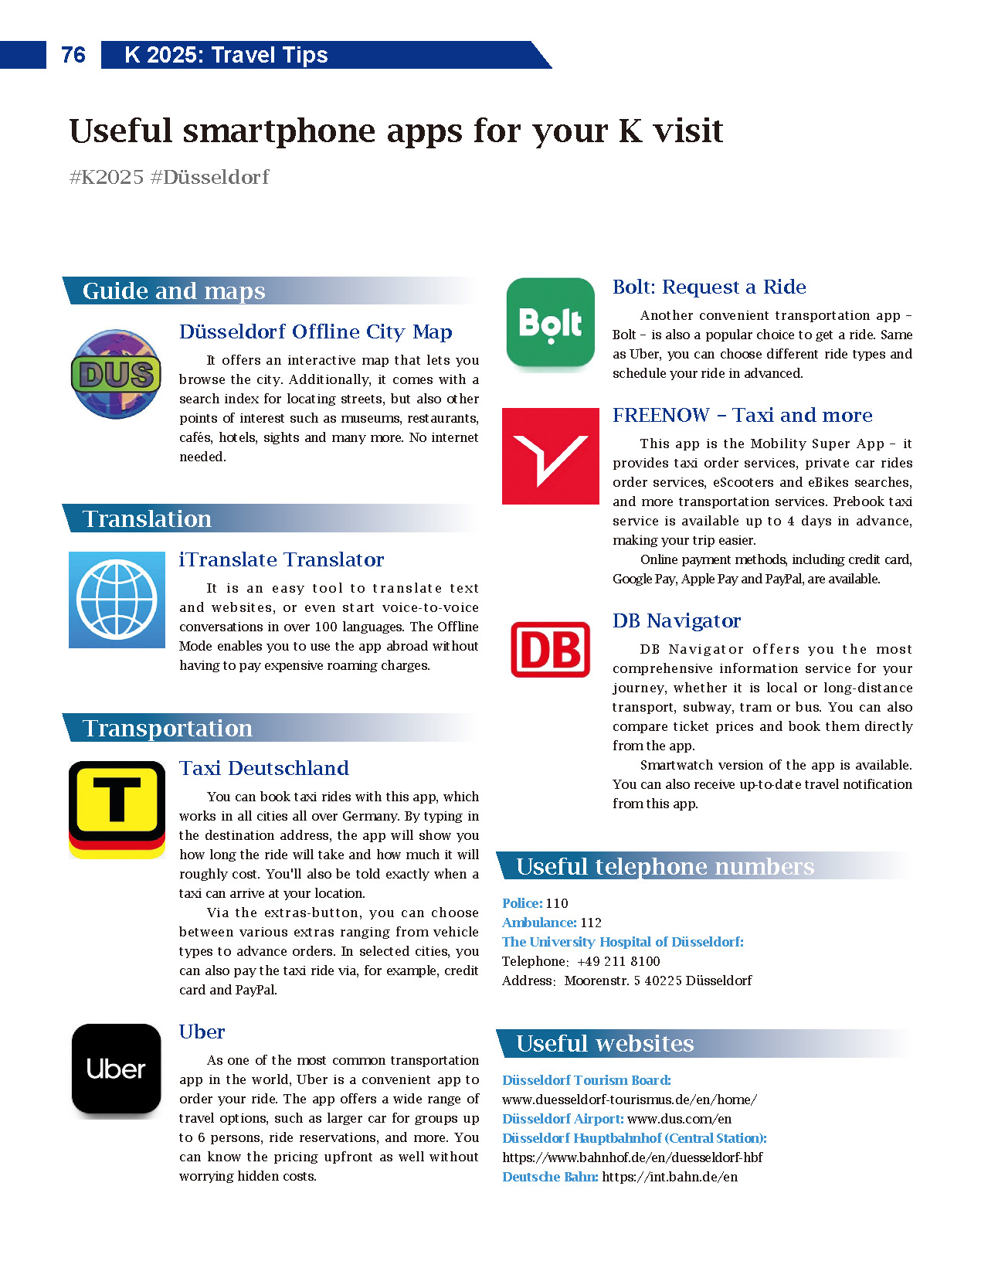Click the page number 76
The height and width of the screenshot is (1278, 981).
pyautogui.click(x=73, y=55)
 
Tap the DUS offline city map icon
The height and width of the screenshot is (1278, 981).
pyautogui.click(x=116, y=375)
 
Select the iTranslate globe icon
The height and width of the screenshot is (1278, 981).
pyautogui.click(x=117, y=600)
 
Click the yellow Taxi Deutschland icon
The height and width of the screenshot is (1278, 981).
pyautogui.click(x=117, y=809)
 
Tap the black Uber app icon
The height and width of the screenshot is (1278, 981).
pyautogui.click(x=117, y=1069)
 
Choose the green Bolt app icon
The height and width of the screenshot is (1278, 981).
pyautogui.click(x=550, y=323)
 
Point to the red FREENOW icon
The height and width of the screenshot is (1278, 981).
pyautogui.click(x=550, y=456)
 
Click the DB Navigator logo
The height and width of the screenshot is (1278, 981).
pyautogui.click(x=550, y=650)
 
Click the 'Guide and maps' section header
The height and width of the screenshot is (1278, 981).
pyautogui.click(x=174, y=291)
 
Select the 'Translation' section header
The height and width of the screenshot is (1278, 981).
pyautogui.click(x=147, y=518)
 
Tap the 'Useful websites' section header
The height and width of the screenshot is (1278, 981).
pyautogui.click(x=605, y=1044)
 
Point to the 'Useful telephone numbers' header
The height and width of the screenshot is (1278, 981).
pyautogui.click(x=665, y=867)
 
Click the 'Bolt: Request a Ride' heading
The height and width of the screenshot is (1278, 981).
pyautogui.click(x=709, y=287)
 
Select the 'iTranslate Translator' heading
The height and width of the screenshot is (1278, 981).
pyautogui.click(x=281, y=559)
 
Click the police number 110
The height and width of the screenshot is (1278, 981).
pyautogui.click(x=557, y=903)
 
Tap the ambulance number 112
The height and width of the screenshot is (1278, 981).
pyautogui.click(x=591, y=923)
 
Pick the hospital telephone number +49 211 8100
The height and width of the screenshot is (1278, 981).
pyautogui.click(x=618, y=961)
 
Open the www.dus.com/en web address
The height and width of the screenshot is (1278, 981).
pyautogui.click(x=679, y=1119)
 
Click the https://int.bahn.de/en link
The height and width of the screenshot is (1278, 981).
pyautogui.click(x=670, y=1177)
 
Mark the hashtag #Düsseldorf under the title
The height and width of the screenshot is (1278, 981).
pyautogui.click(x=209, y=177)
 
